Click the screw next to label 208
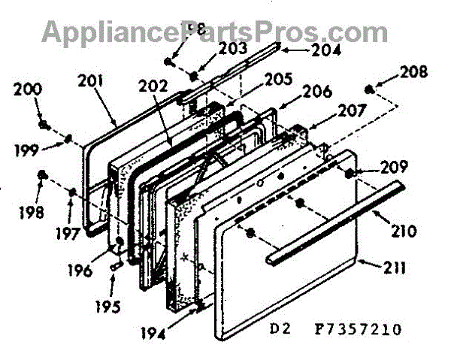point(371,91)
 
